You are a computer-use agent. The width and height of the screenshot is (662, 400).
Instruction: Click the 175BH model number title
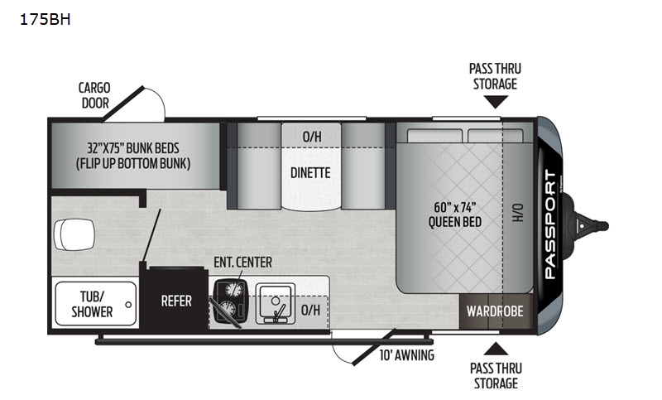pos(46,19)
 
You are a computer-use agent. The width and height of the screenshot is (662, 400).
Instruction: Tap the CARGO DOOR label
pos(94,95)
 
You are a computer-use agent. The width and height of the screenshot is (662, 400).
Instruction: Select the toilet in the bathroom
pos(74,234)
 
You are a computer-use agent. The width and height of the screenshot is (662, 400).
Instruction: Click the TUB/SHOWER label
pos(92,304)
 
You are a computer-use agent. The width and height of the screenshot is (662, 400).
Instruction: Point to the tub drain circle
pos(128,305)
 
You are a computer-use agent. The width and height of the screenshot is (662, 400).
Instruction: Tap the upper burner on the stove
pos(233,289)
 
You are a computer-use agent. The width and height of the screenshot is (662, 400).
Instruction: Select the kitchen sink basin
pos(276,303)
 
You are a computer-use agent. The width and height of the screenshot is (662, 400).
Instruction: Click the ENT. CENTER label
pos(242,263)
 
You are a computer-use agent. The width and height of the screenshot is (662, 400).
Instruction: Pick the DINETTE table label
pos(310,173)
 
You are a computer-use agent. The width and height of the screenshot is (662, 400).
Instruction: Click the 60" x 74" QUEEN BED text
pos(454,214)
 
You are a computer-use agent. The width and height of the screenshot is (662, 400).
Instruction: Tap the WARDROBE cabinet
pos(495,311)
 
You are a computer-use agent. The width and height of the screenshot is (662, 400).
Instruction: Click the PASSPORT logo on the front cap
pos(550,224)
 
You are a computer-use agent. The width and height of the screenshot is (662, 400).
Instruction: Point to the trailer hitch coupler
pos(591,225)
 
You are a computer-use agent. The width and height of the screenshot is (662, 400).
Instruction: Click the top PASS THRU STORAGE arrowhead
pos(496,102)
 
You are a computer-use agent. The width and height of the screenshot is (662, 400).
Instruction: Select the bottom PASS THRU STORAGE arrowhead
pos(496,349)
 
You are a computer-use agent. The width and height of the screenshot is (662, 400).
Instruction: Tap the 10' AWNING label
pos(406,355)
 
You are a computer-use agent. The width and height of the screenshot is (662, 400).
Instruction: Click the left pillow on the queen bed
pos(435,136)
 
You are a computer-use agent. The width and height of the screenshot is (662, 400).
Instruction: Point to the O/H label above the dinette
pos(312,137)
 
